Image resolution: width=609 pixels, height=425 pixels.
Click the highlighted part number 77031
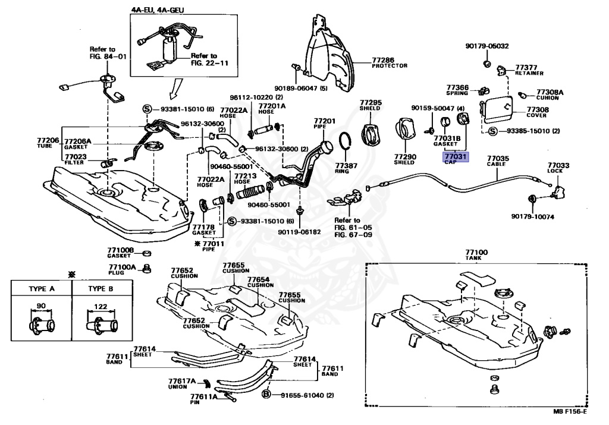click(x=456, y=156)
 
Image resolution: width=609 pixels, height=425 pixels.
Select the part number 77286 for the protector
click(x=383, y=60)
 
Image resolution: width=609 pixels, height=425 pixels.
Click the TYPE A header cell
click(x=42, y=288)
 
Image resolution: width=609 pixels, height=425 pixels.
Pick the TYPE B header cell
click(x=101, y=288)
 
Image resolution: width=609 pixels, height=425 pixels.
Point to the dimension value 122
click(x=101, y=306)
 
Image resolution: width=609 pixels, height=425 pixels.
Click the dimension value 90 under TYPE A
click(x=41, y=306)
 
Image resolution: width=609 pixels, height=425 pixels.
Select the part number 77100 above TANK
click(x=476, y=252)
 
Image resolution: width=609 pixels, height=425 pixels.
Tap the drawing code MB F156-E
click(x=570, y=411)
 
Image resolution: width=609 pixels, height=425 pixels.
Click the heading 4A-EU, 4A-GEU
click(x=158, y=10)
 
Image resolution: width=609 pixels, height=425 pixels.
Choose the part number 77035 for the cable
click(x=498, y=158)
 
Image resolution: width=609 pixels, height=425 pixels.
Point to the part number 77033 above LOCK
click(x=558, y=165)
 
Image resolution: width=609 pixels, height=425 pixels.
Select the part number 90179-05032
click(x=487, y=46)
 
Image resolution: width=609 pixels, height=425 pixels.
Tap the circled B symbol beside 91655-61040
click(x=266, y=394)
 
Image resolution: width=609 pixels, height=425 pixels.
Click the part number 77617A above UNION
click(x=182, y=381)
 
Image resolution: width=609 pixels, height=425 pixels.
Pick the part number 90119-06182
click(x=299, y=232)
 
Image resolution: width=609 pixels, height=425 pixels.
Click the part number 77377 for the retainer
click(x=526, y=68)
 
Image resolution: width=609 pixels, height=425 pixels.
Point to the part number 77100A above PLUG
click(x=123, y=267)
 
